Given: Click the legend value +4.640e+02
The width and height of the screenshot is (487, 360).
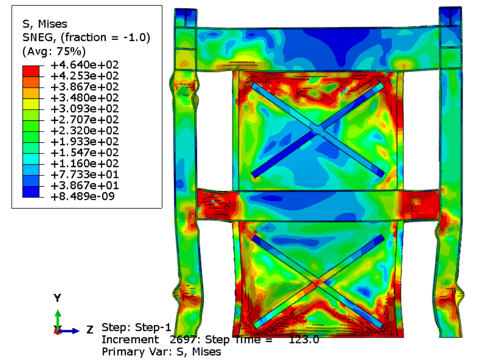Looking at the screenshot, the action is [84, 65].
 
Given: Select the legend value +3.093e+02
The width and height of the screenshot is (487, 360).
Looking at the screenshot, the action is [84, 109].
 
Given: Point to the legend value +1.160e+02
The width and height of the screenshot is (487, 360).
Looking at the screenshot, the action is [84, 163].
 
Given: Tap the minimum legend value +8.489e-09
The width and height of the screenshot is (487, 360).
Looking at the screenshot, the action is [83, 196].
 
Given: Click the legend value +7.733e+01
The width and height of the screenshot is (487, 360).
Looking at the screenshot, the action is [84, 174].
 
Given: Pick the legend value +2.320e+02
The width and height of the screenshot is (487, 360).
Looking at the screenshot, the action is [84, 131].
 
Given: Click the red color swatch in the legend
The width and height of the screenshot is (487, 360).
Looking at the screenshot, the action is [31, 71].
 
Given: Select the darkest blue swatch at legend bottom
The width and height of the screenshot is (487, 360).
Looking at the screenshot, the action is [31, 191].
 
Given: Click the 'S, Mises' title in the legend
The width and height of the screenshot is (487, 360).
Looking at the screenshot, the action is [45, 24].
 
